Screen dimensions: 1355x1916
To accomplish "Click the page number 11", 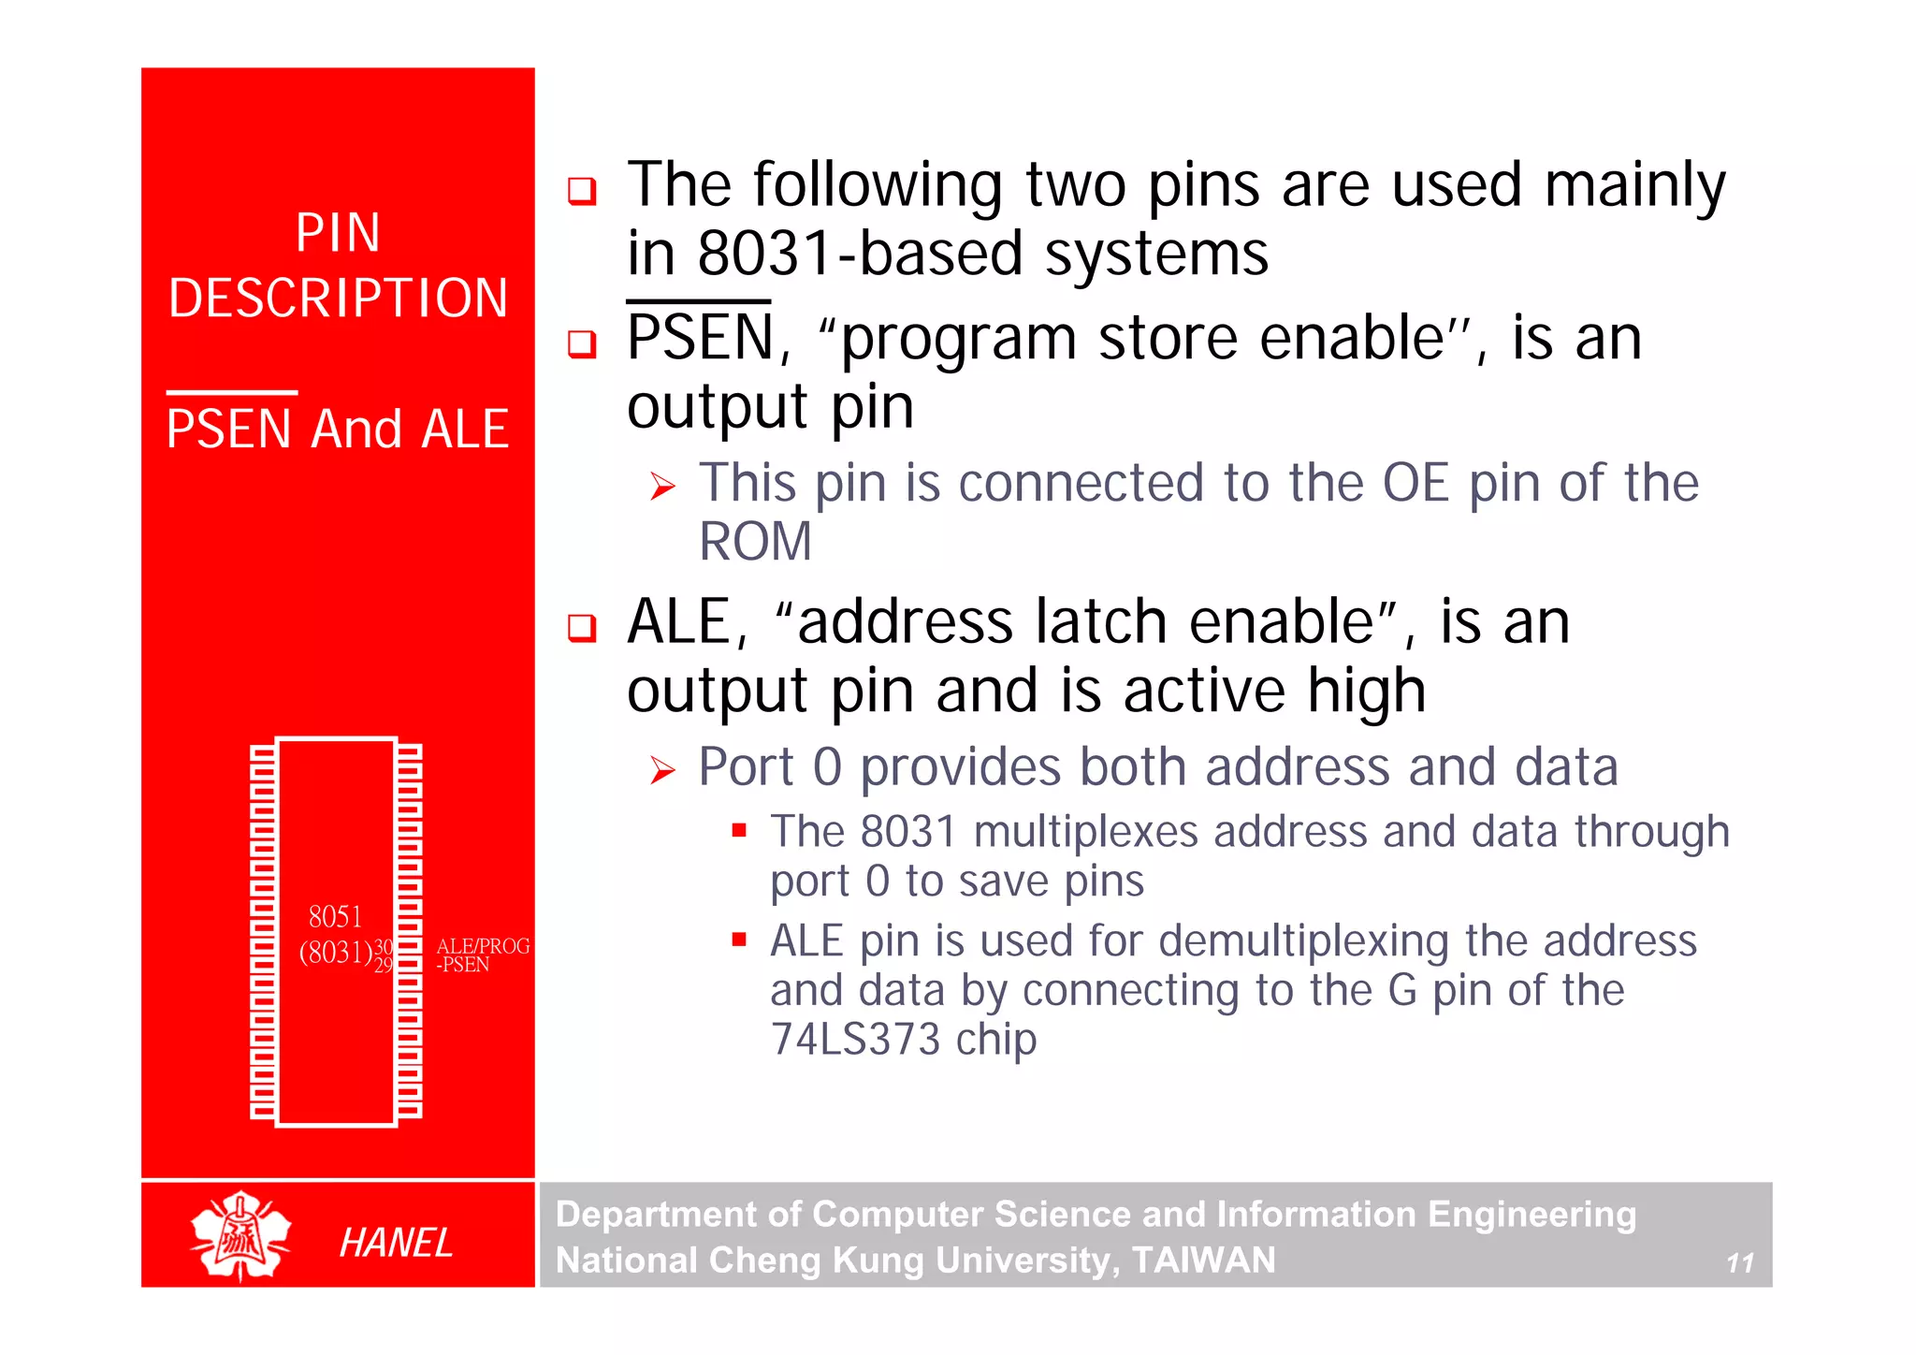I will tap(1739, 1263).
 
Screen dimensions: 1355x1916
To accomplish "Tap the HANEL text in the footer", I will tap(396, 1243).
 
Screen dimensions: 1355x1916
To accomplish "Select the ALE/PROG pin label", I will tap(483, 946).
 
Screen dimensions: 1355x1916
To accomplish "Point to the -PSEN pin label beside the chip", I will tap(463, 965).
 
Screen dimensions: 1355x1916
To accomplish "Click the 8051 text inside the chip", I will tap(335, 916).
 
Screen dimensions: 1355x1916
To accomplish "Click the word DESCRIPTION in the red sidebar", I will tap(338, 299).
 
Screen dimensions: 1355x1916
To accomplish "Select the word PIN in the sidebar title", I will tap(338, 233).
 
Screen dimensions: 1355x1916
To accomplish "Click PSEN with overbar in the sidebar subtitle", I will tap(229, 430).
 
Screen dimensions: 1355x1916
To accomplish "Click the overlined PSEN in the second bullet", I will tap(700, 338).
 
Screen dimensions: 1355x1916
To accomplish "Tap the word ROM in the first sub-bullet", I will tap(756, 542).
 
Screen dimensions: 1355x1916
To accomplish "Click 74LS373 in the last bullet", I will tap(854, 1040).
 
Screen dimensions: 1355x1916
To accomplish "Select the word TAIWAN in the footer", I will tap(1203, 1260).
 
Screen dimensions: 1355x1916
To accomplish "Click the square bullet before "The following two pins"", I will tap(582, 191).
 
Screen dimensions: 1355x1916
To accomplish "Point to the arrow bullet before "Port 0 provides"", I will tap(662, 771).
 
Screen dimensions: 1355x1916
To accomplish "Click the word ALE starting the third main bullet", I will tap(679, 622).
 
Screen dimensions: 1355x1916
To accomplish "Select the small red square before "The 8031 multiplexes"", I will tap(739, 830).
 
